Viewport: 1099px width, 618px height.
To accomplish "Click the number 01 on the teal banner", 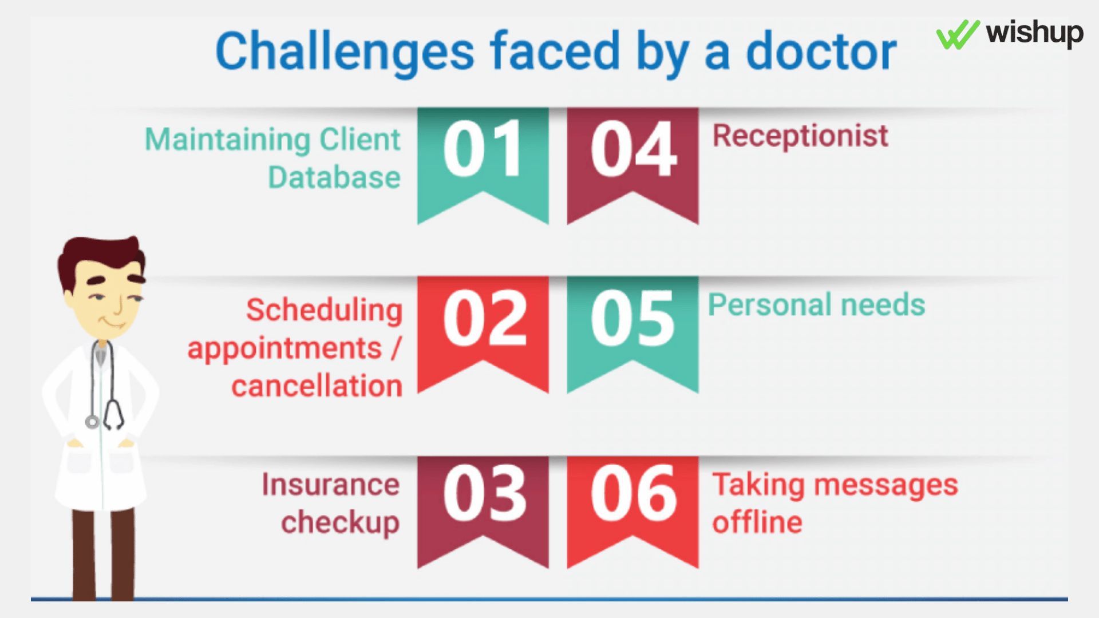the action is pyautogui.click(x=483, y=149).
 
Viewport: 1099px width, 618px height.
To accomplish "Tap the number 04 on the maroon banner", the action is pyautogui.click(x=634, y=149).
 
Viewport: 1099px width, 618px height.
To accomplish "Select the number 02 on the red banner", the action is pyautogui.click(x=484, y=318).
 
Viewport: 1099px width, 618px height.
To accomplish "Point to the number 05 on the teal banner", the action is pyautogui.click(x=632, y=318).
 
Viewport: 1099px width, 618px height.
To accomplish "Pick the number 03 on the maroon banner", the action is pyautogui.click(x=484, y=493).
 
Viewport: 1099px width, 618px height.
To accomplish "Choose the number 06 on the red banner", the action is pyautogui.click(x=634, y=493).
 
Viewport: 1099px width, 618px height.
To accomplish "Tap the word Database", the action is pyautogui.click(x=334, y=177).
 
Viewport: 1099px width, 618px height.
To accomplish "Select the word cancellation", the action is pyautogui.click(x=317, y=385).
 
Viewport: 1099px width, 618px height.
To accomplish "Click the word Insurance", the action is pyautogui.click(x=331, y=484).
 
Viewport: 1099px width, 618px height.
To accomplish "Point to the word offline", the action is pyautogui.click(x=757, y=522).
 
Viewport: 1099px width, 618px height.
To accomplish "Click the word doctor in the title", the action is pyautogui.click(x=821, y=51).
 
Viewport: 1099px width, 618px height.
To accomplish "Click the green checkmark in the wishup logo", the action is pyautogui.click(x=958, y=34).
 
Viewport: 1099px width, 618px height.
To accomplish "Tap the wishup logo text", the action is pyautogui.click(x=1034, y=33).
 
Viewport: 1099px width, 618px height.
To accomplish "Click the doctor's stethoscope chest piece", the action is pyautogui.click(x=92, y=422).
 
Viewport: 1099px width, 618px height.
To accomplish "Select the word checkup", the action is pyautogui.click(x=341, y=523).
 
